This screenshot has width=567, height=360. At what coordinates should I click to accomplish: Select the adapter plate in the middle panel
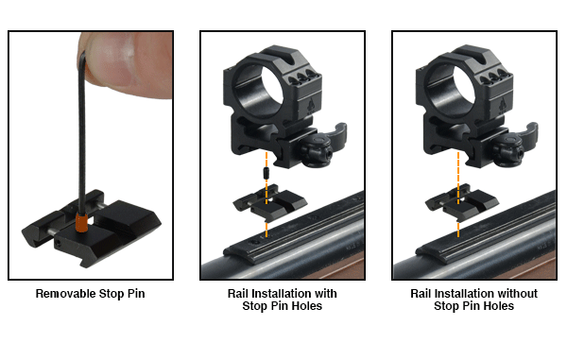click(269, 201)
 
